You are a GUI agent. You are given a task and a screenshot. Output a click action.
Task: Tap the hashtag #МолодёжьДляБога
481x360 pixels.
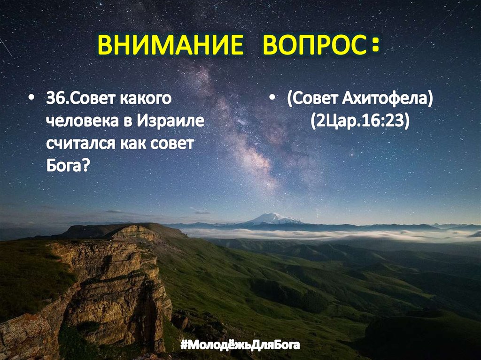point(240,346)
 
